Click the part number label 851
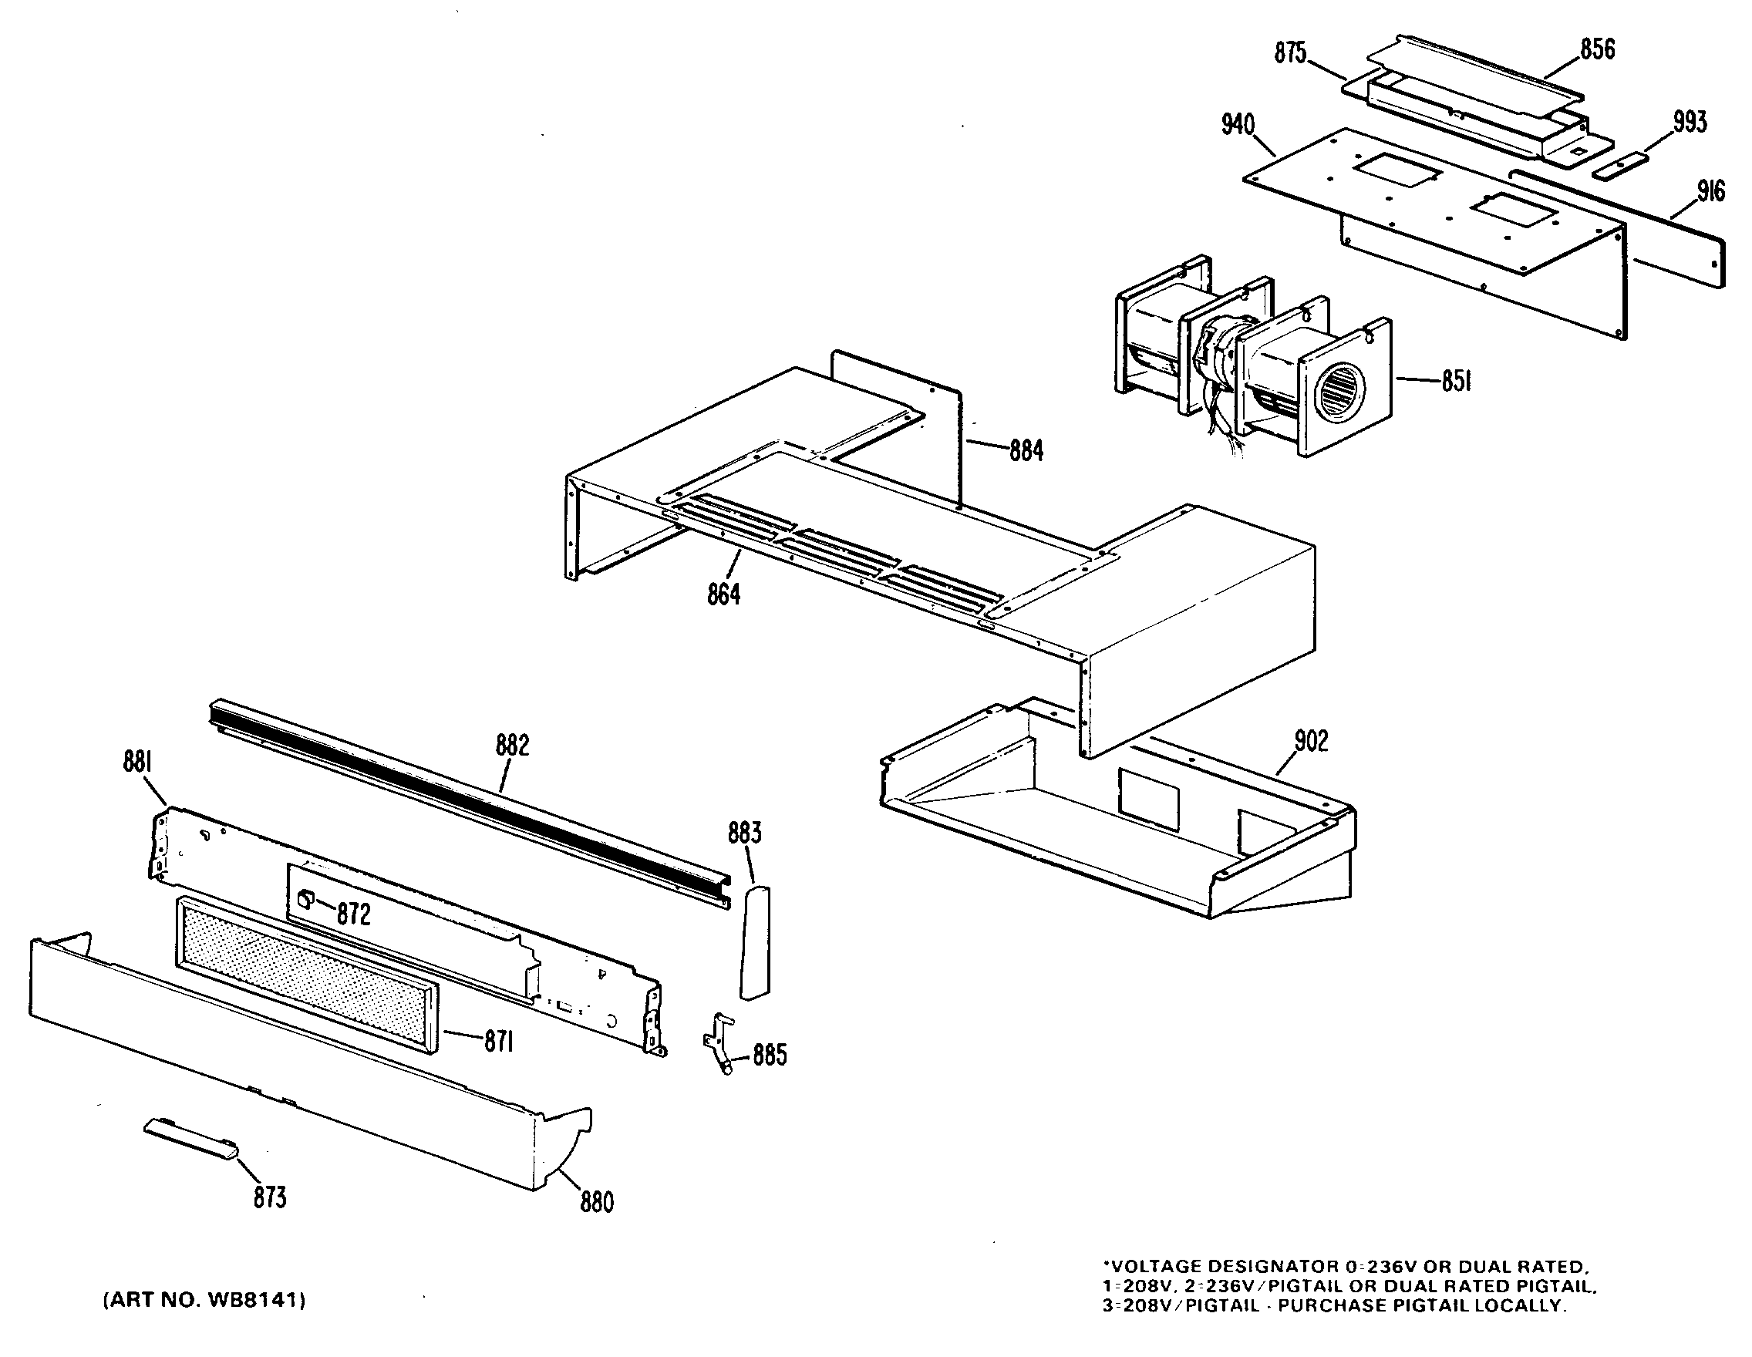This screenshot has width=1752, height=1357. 1456,382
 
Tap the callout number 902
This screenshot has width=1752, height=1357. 1311,740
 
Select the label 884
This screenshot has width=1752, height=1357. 1026,451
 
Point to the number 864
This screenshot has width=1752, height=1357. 723,594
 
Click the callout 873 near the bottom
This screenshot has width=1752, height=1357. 270,1197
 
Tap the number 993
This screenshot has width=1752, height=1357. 1690,123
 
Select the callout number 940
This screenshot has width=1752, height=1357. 1238,125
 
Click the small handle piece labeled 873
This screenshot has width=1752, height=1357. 191,1140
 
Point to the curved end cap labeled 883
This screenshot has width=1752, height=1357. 754,942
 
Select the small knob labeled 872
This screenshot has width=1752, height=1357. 305,898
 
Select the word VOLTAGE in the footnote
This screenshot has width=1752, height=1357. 1152,1266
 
